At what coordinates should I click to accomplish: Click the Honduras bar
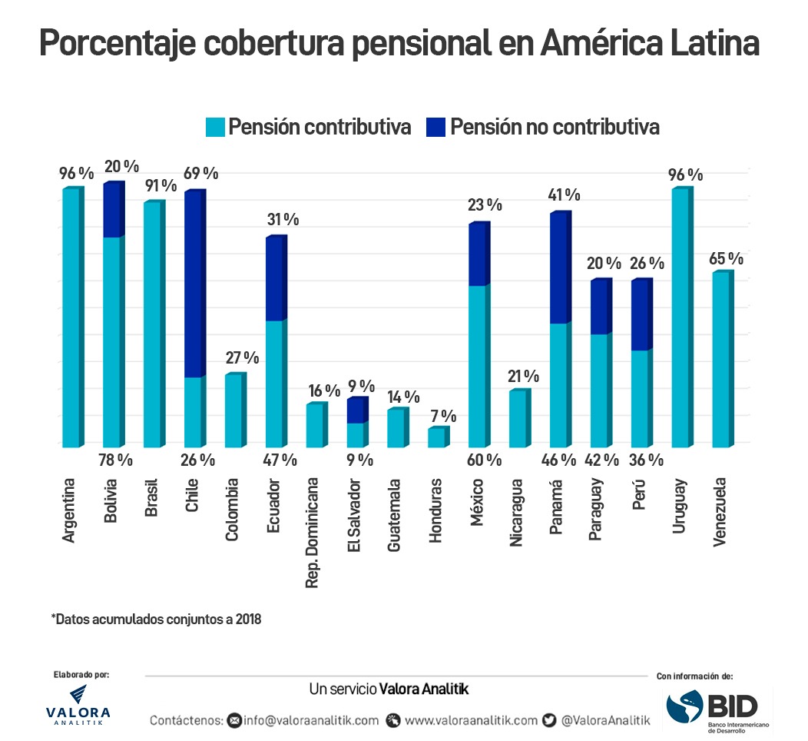coord(436,437)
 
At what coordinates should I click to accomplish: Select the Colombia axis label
coord(233,510)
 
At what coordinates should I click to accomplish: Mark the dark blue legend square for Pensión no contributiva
coord(435,127)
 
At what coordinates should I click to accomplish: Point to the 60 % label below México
coord(485,460)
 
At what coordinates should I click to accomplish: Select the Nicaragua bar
coord(518,419)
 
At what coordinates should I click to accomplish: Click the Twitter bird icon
coord(549,720)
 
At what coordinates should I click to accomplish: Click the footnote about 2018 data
coord(157,619)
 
